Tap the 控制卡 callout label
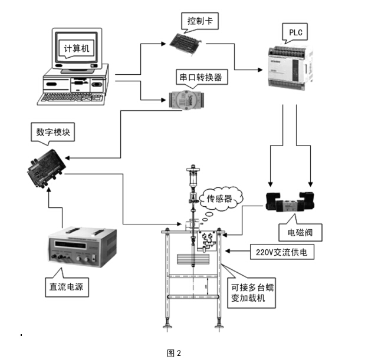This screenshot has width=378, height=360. pos(200,21)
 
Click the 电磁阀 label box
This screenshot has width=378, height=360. pos(305,233)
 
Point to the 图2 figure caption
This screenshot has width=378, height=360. pos(174,352)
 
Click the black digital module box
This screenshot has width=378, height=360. pos(45,170)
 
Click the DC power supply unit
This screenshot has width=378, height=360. pos(77,248)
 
